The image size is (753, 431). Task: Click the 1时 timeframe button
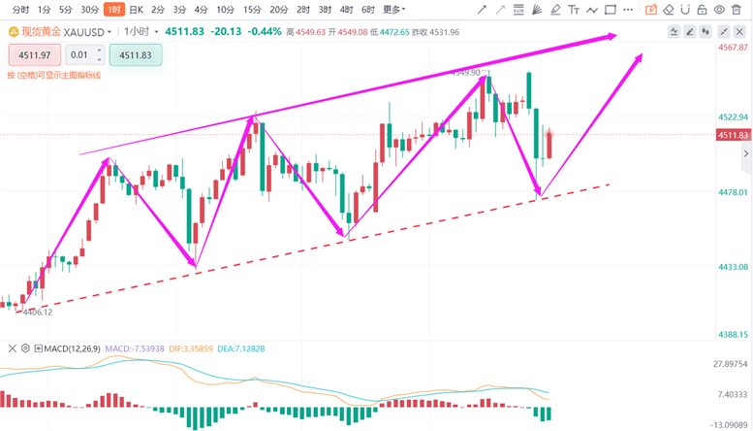113,10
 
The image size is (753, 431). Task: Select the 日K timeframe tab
136,10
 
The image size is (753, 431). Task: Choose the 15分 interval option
252,10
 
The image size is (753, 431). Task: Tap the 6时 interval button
367,10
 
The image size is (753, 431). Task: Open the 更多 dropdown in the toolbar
392,10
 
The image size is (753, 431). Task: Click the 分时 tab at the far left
19,10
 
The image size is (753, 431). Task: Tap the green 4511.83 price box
136,55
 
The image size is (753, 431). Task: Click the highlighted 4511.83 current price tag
734,135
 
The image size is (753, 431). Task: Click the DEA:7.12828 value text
239,348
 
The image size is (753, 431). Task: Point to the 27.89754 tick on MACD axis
731,364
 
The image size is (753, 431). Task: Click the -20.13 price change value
229,31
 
